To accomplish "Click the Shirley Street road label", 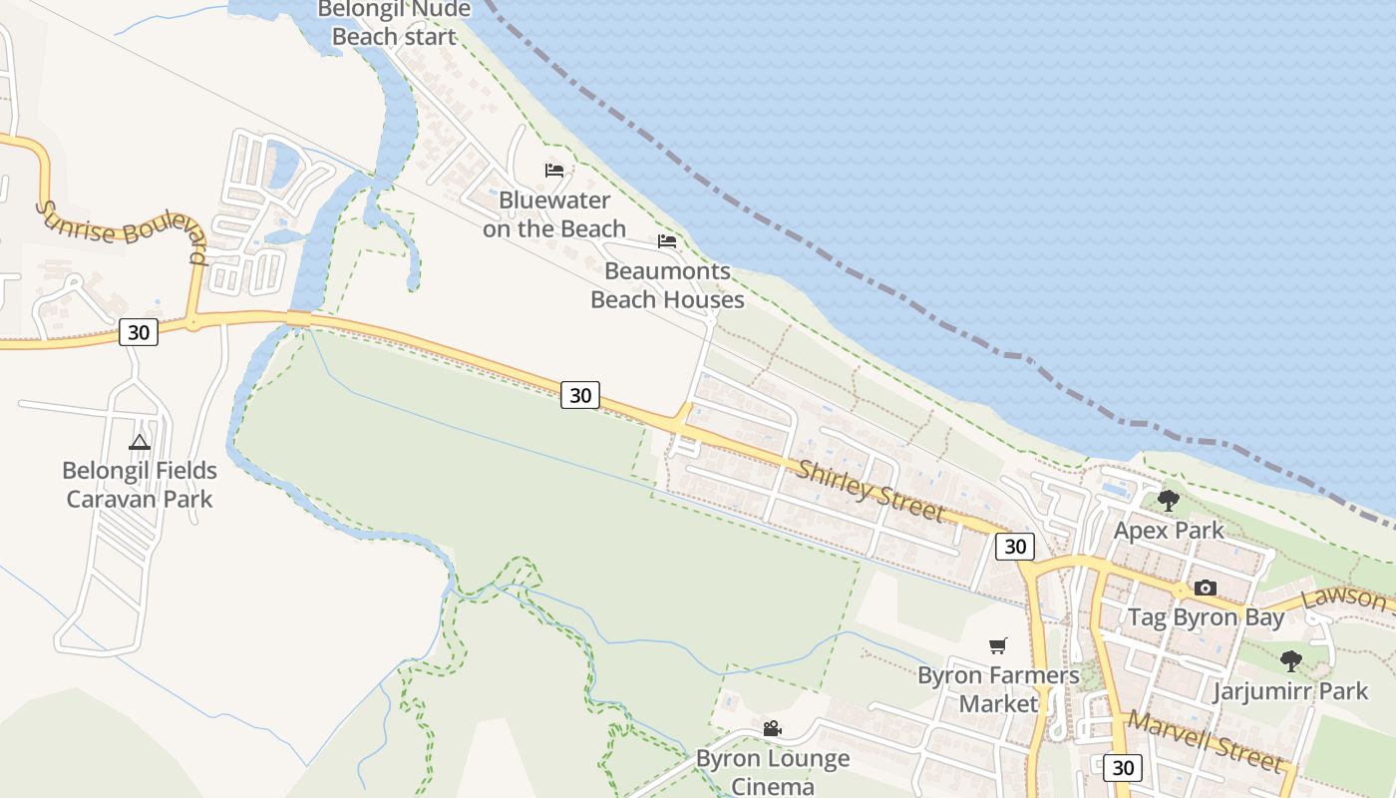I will pos(869,490).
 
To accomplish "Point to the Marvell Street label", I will pos(1204,741).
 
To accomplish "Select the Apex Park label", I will pos(1169,530).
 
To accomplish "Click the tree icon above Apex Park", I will pos(1169,500).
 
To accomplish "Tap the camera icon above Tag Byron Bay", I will pos(1206,588).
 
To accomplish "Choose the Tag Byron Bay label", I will pos(1206,617).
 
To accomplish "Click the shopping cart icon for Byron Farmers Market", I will pos(998,645).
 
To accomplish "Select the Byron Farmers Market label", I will pos(998,689).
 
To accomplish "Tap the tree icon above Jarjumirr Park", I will pos(1291,660).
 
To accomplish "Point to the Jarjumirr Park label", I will pos(1291,690).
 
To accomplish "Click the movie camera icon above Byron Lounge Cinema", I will pos(773,729).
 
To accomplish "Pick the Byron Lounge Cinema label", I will pos(773,772).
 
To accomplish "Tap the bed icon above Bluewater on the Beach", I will pos(554,171).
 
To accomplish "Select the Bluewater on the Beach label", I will pos(554,214).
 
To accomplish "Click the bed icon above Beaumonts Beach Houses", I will pos(667,241).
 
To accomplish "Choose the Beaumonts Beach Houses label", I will pos(667,285).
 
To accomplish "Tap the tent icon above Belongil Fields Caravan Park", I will pos(140,441).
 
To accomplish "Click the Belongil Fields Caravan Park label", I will pos(140,484).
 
